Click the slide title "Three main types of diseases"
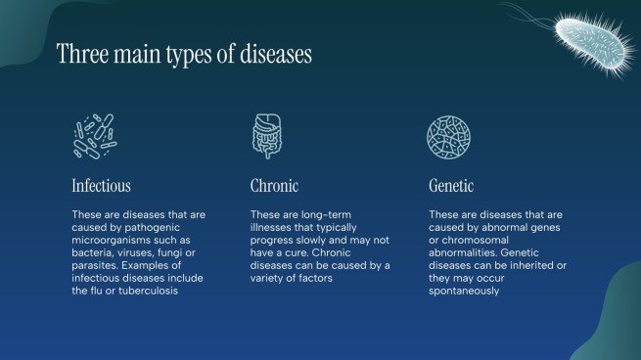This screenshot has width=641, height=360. click(184, 54)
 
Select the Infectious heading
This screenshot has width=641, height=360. click(101, 185)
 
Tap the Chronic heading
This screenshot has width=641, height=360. click(274, 185)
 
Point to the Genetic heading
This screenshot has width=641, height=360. click(451, 185)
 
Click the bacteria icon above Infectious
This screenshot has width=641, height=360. click(94, 136)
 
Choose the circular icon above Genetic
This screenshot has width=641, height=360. click(447, 136)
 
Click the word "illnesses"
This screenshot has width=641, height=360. click(274, 227)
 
